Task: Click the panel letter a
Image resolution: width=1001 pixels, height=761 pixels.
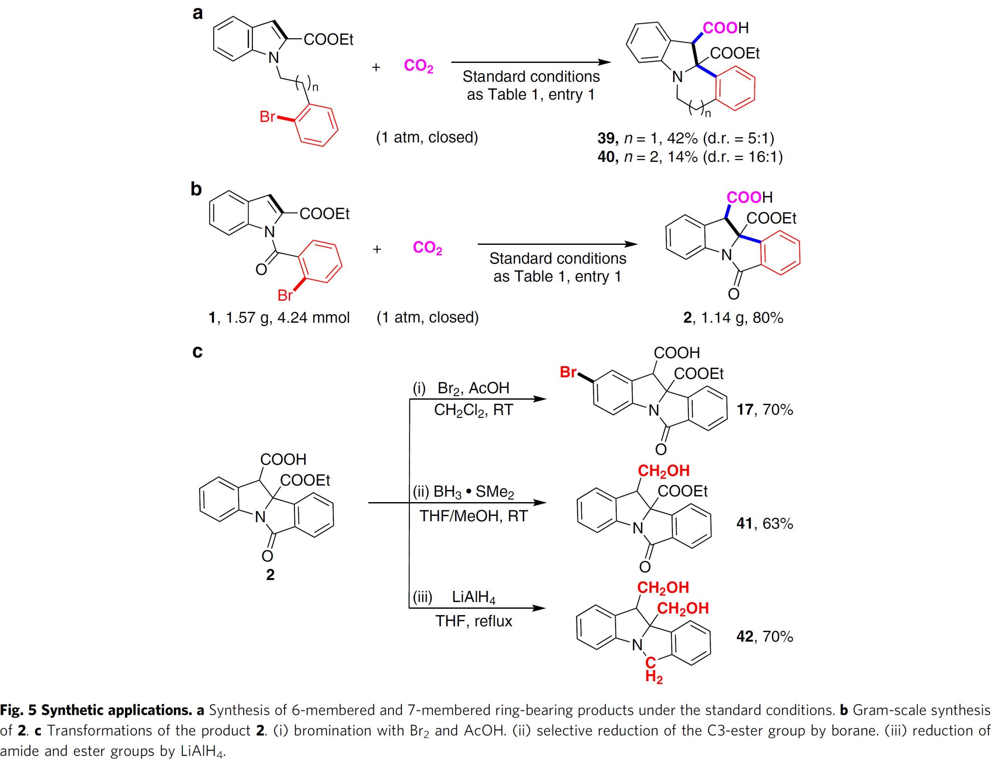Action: coord(197,13)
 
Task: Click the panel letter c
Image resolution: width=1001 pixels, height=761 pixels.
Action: coord(197,352)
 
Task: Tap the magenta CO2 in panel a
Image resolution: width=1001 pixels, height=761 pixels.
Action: coord(418,66)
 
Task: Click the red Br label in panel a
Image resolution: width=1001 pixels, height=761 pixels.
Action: coord(267,117)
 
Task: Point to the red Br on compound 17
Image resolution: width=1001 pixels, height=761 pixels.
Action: coord(569,372)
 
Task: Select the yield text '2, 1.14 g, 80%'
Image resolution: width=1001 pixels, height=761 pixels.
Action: coord(733,318)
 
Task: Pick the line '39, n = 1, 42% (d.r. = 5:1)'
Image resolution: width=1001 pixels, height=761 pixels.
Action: coord(686,137)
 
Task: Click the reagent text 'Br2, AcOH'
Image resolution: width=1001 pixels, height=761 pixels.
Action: coord(473,388)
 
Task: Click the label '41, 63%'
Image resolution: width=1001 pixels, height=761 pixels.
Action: coord(765,524)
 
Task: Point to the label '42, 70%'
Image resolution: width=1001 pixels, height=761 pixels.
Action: coord(765,636)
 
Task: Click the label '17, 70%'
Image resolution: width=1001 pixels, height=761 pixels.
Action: coord(765,410)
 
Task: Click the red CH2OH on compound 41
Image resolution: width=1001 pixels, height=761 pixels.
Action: coord(664,471)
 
